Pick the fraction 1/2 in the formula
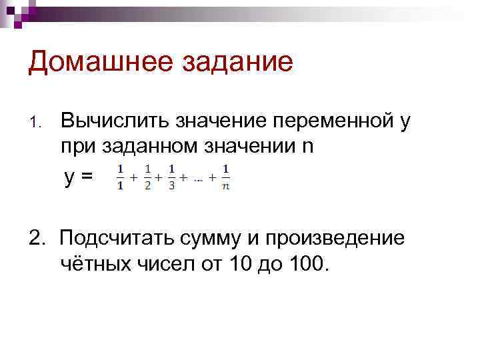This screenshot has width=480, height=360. (147, 177)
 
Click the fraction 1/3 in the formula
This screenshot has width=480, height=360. (171, 177)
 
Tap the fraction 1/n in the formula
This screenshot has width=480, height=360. (226, 177)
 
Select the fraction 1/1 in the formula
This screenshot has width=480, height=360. (120, 177)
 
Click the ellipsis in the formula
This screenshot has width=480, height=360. (197, 179)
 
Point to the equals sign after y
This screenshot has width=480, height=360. (87, 177)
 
